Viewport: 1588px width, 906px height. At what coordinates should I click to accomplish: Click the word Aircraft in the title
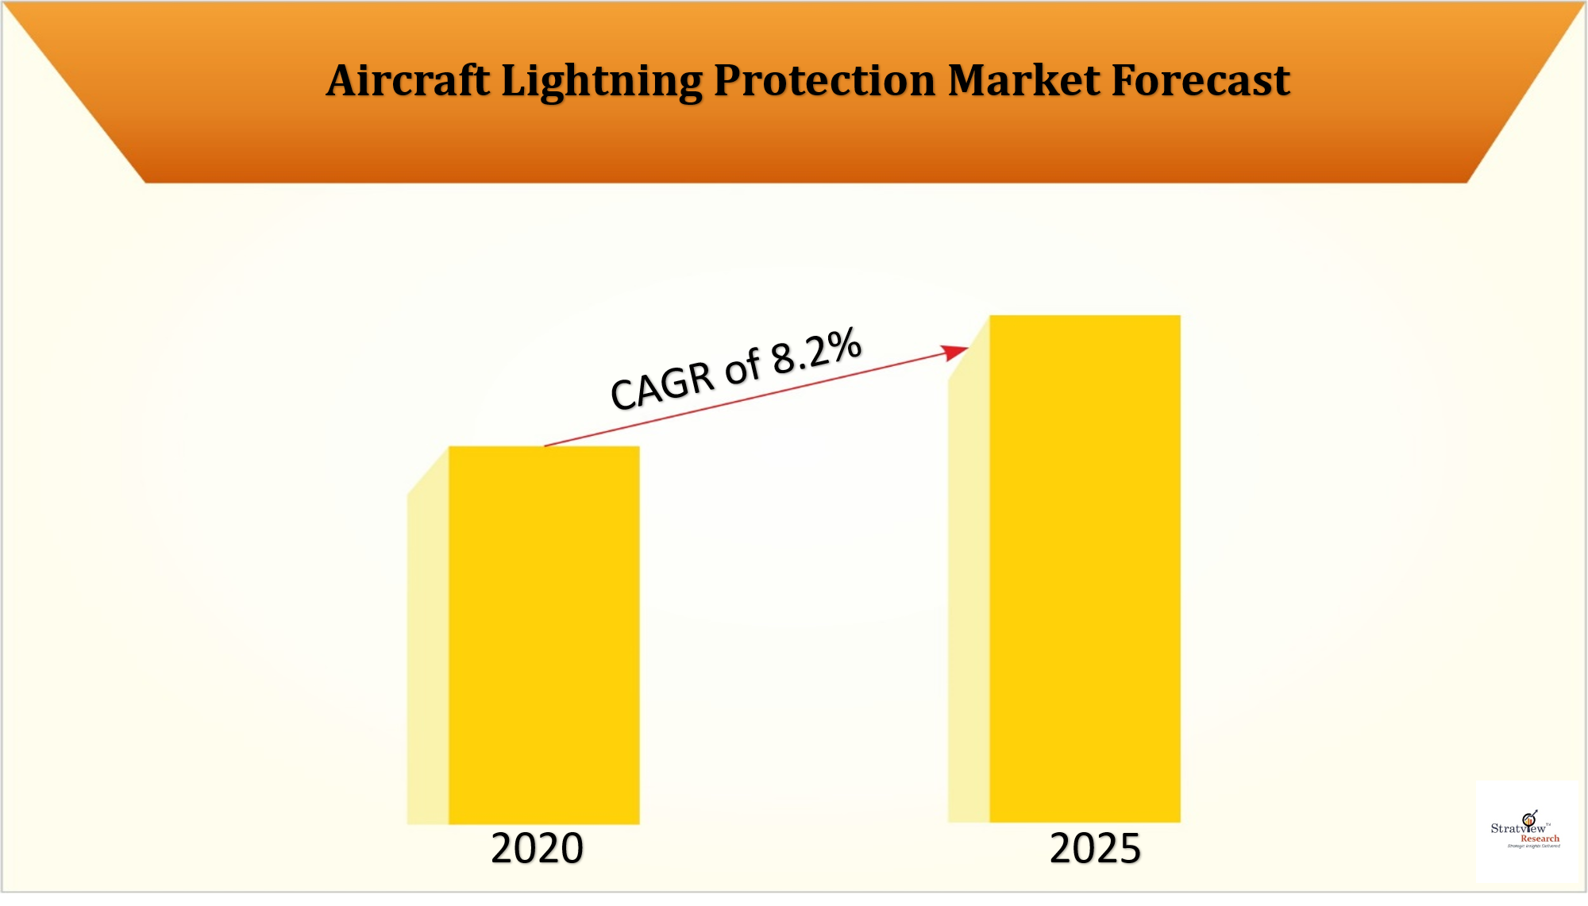click(x=408, y=81)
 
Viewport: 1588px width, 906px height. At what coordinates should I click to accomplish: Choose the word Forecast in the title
click(x=1200, y=81)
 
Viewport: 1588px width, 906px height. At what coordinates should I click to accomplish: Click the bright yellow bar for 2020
click(x=544, y=635)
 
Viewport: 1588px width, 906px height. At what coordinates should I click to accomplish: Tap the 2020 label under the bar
click(x=537, y=848)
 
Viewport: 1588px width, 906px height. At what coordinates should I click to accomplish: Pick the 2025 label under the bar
click(x=1095, y=848)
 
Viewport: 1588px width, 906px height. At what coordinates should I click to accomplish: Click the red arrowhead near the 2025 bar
click(x=955, y=352)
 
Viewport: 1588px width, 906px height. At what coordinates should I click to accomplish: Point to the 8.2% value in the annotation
click(x=816, y=351)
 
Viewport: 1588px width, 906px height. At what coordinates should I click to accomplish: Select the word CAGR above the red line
click(x=662, y=386)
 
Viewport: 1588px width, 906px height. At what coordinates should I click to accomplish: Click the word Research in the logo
click(x=1540, y=839)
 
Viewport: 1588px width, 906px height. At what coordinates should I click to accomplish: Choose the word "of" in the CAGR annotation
click(x=742, y=368)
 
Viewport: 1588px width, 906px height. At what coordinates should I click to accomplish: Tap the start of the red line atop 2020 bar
click(x=545, y=445)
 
